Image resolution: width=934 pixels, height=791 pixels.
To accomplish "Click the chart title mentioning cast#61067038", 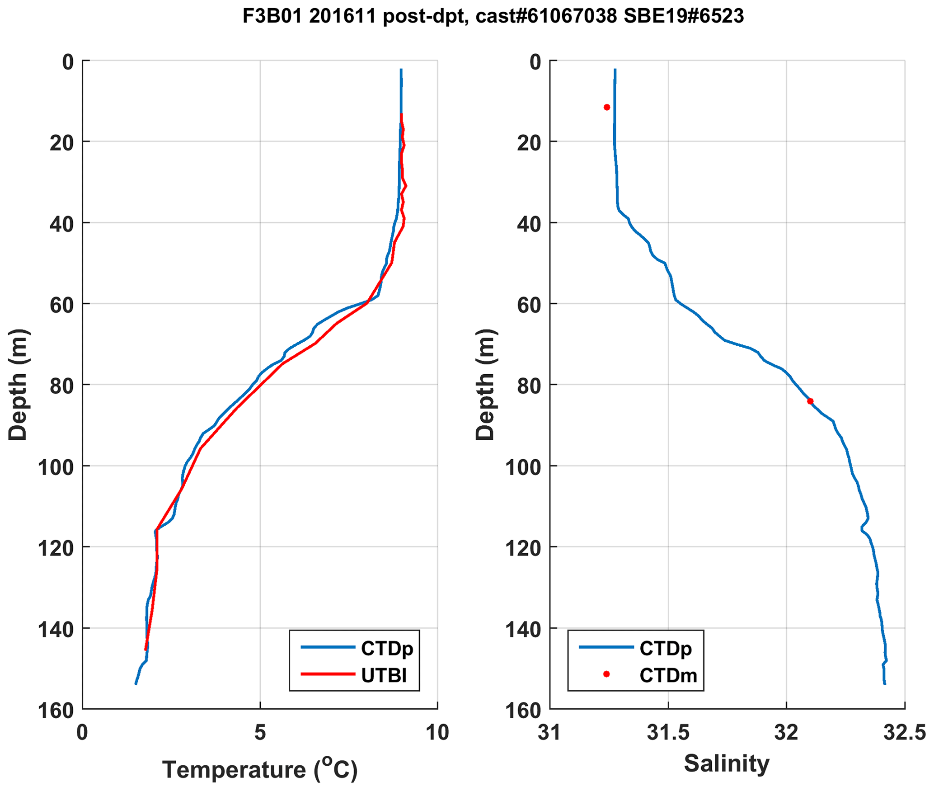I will pos(493,17).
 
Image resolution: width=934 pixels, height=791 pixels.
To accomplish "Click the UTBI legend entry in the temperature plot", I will pos(384,675).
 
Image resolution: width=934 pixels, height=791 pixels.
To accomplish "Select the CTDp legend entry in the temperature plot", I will pos(386,648).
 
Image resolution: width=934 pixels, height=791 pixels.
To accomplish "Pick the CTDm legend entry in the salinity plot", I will pos(668,675).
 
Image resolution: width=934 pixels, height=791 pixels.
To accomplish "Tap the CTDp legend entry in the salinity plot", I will pos(665,648).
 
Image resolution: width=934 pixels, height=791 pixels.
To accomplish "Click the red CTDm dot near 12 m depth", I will pos(607,107).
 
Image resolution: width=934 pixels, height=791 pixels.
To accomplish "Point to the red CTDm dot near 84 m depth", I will pos(810,401).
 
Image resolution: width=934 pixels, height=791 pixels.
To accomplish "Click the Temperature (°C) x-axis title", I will pos(260,769).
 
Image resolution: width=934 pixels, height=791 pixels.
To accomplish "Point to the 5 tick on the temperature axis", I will pos(260,733).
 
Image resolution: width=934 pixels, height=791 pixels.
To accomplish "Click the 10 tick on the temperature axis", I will pos(437,733).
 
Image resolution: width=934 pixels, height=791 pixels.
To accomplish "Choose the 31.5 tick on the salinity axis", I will pos(668,733).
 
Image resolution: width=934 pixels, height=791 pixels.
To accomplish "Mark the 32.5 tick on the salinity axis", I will pos(905,733).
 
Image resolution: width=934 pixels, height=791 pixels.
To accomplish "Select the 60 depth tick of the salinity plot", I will pos(530,305).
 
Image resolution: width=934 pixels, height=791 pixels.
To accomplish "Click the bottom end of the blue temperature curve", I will pos(136,684).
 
